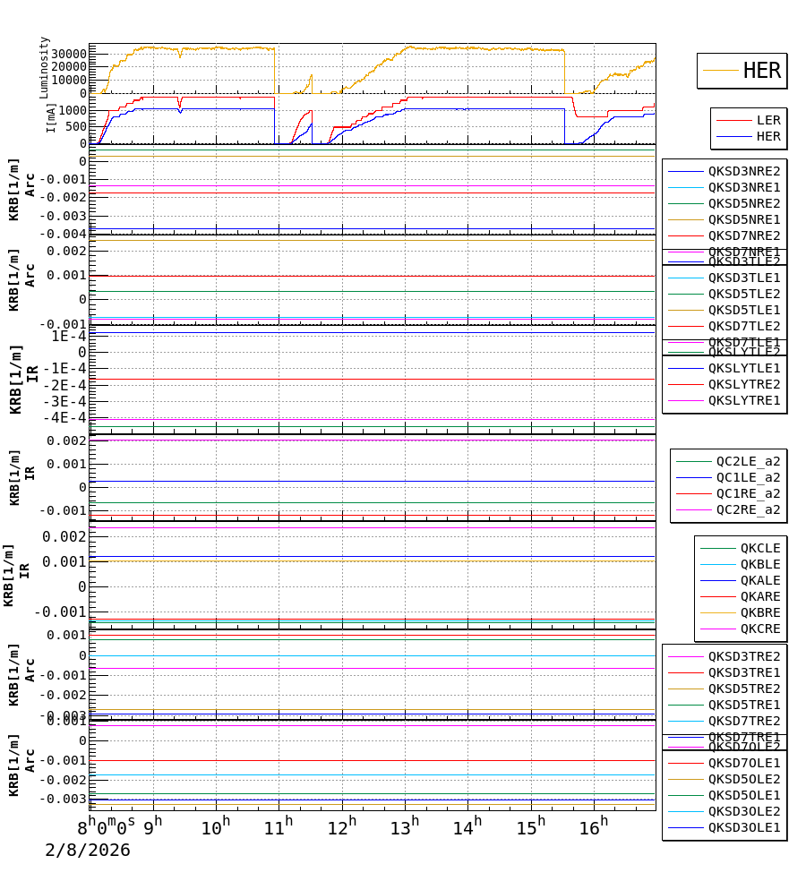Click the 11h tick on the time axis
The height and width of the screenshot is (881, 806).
(279, 827)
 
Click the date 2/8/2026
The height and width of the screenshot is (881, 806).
(88, 850)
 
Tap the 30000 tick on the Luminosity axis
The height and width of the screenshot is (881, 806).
(67, 54)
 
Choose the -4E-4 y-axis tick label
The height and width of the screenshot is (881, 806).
(68, 417)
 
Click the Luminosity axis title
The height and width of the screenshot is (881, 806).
(45, 67)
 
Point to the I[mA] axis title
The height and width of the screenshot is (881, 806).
(50, 117)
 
